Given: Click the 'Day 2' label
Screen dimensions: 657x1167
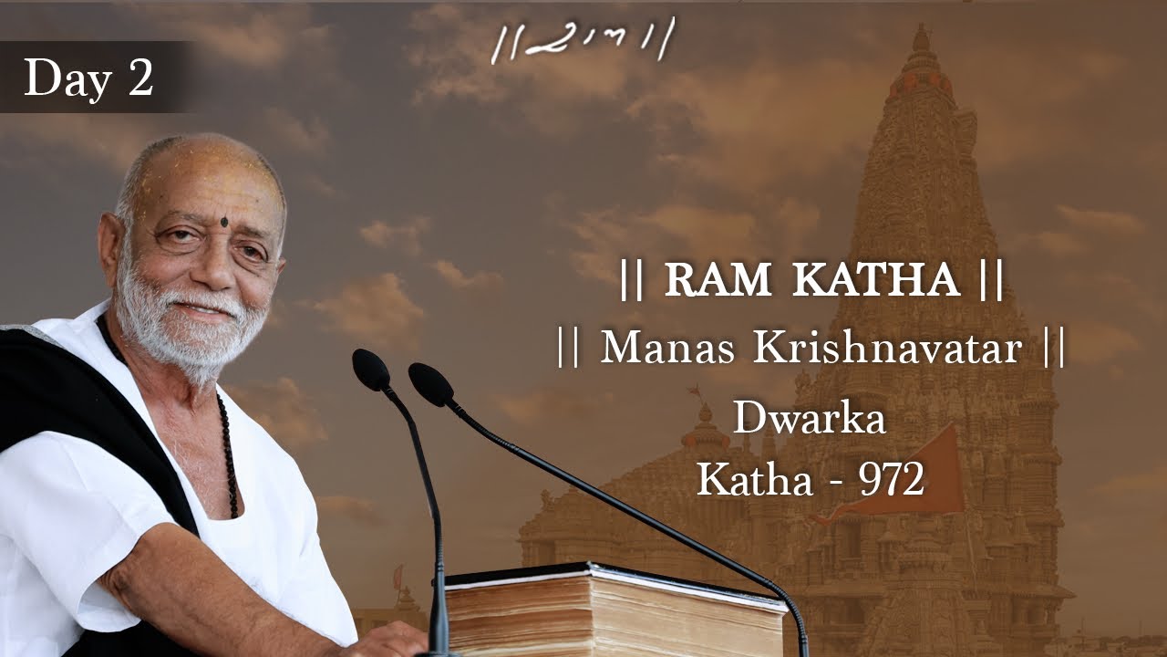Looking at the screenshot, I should point(88,78).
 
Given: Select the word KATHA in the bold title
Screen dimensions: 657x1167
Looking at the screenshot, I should point(876,281).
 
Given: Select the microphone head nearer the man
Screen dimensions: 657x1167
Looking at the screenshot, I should point(370,369).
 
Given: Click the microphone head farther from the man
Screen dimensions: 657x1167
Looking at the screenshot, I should point(430,383).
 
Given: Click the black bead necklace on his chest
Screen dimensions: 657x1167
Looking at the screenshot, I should point(228,456).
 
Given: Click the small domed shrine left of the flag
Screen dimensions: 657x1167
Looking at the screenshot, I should point(707,429).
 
